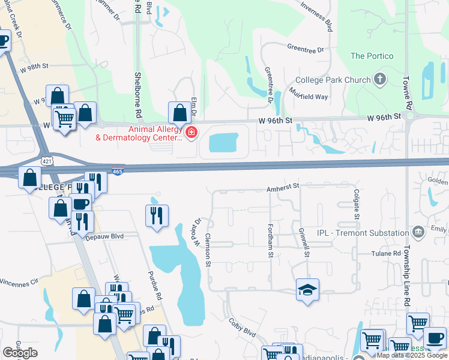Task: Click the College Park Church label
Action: click(333, 80)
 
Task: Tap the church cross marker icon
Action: click(379, 79)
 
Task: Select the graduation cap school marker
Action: click(307, 290)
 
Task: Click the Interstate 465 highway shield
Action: click(118, 171)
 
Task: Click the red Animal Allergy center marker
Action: click(191, 133)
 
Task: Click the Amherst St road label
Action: click(283, 188)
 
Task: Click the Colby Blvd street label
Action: click(243, 332)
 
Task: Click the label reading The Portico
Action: click(372, 56)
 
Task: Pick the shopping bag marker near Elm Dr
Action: click(179, 112)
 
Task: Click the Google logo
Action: click(20, 353)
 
